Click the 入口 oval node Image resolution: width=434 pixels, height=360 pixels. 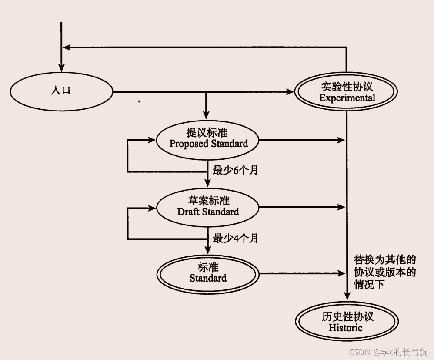pyautogui.click(x=61, y=91)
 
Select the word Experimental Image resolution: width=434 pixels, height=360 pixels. pyautogui.click(x=347, y=98)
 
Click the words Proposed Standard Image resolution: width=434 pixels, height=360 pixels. pyautogui.click(x=208, y=144)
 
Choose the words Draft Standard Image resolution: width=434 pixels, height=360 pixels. pyautogui.click(x=208, y=212)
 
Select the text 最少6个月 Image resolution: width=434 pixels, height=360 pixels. pyautogui.click(x=235, y=170)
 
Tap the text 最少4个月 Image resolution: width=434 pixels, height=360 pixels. pyautogui.click(x=235, y=238)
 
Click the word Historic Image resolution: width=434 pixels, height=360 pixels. pyautogui.click(x=345, y=328)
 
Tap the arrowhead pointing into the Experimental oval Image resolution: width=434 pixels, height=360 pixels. pyautogui.click(x=290, y=92)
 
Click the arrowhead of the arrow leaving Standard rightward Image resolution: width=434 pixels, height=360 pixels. pyautogui.click(x=341, y=274)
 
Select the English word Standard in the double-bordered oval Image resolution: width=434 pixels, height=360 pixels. pyautogui.click(x=208, y=278)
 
